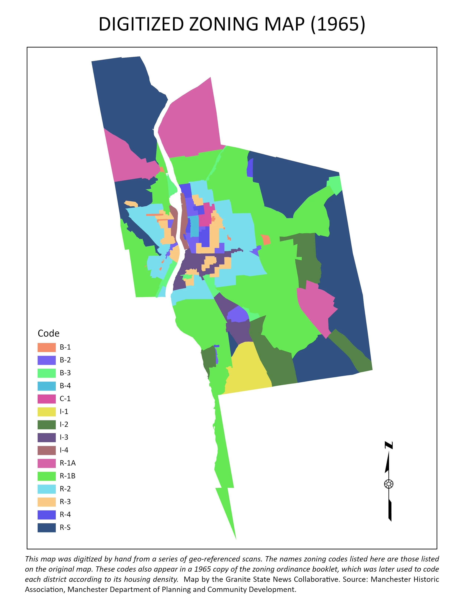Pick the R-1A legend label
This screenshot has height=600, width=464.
pos(67,463)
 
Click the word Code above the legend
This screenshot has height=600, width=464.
pos(48,333)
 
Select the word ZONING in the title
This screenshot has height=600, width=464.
pos(223,24)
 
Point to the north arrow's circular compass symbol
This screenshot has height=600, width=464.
pos(389,484)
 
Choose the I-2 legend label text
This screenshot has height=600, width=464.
pos(64,424)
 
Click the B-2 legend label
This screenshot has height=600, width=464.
pos(65,360)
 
